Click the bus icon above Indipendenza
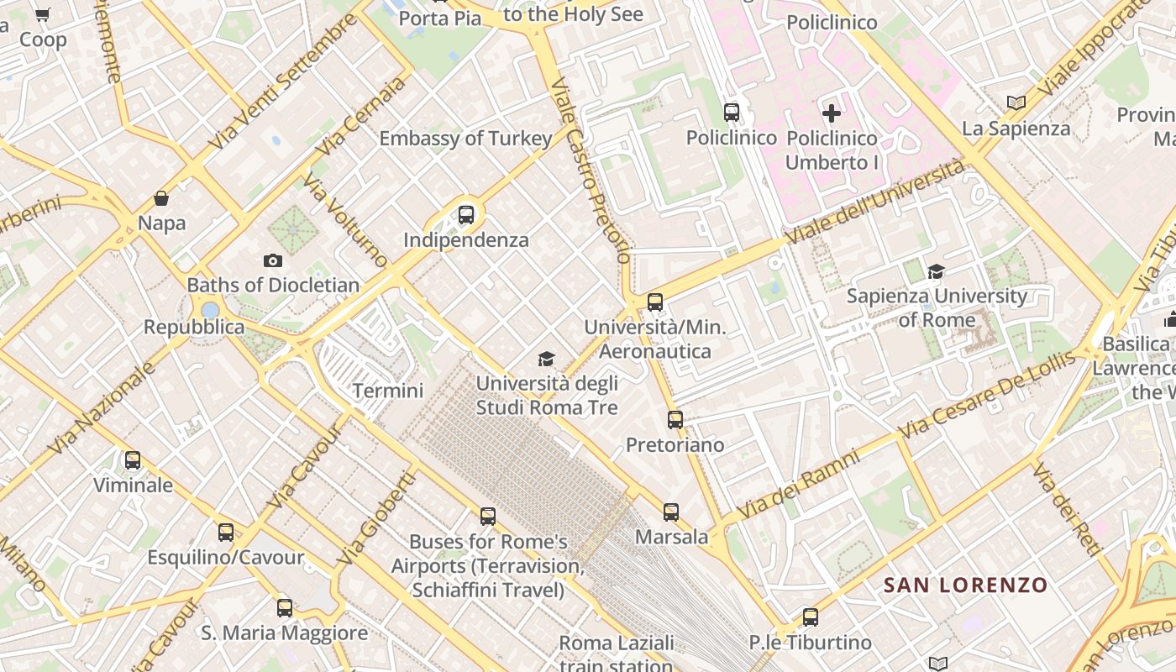pyautogui.click(x=466, y=215)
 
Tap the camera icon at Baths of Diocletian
pyautogui.click(x=273, y=260)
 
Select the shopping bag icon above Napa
pyautogui.click(x=161, y=198)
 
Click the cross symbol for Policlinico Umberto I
pyautogui.click(x=832, y=113)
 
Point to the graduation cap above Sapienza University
pyautogui.click(x=936, y=270)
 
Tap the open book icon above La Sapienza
pyautogui.click(x=1016, y=102)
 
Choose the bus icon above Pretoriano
pyautogui.click(x=675, y=420)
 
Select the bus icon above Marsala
pyautogui.click(x=670, y=512)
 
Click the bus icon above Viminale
pyautogui.click(x=133, y=459)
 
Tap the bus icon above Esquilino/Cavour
pyautogui.click(x=225, y=532)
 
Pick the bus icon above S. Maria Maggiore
pyautogui.click(x=285, y=607)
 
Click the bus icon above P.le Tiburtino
pyautogui.click(x=810, y=617)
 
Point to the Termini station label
pyautogui.click(x=388, y=391)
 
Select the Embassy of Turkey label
pyautogui.click(x=465, y=139)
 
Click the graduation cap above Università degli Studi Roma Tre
pyautogui.click(x=547, y=360)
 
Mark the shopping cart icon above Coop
pyautogui.click(x=43, y=14)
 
